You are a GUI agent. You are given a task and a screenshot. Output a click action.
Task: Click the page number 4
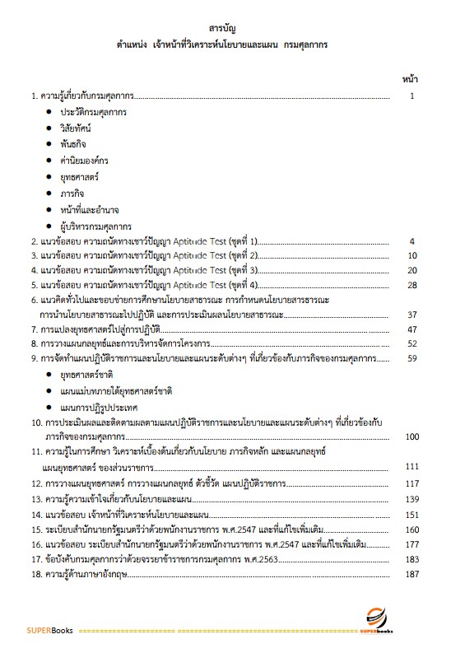point(411,241)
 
